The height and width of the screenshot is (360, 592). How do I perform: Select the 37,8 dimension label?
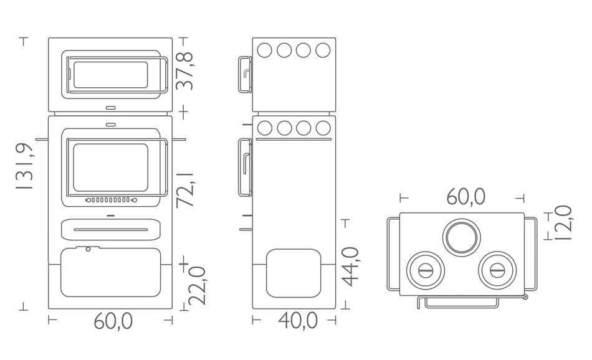[x=184, y=71]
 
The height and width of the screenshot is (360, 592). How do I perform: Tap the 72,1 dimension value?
[x=184, y=190]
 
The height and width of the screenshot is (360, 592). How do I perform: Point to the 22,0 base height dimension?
[x=197, y=286]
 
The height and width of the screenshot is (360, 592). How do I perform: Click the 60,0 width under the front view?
[x=113, y=321]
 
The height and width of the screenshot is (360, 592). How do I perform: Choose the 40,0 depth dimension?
[x=298, y=321]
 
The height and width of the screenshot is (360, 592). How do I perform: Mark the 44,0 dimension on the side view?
[x=350, y=267]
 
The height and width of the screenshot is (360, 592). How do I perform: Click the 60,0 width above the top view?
[x=465, y=197]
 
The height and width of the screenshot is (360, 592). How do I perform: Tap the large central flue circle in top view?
[x=462, y=238]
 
